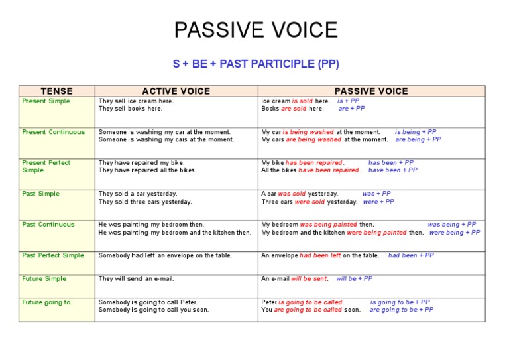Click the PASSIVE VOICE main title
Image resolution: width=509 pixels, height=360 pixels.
(255, 30)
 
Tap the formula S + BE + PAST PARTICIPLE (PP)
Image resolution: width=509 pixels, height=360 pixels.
(255, 64)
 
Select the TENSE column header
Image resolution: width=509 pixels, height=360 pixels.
(57, 91)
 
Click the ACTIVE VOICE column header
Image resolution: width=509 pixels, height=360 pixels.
(176, 91)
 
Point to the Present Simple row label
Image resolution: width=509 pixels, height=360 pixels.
(46, 101)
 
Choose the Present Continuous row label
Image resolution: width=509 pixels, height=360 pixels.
(54, 132)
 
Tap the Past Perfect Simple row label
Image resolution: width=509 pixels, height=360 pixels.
(54, 255)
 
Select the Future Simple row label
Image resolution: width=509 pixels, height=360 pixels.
(44, 279)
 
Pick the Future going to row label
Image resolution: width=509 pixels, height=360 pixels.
(46, 302)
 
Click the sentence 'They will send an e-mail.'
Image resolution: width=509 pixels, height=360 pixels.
(137, 279)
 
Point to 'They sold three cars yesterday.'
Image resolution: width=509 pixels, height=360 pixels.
(145, 202)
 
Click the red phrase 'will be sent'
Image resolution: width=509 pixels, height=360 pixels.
(309, 279)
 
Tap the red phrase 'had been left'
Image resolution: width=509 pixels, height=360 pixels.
(320, 255)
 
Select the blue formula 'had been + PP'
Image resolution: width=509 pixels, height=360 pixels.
(411, 255)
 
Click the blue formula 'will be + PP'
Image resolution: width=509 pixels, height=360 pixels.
(354, 279)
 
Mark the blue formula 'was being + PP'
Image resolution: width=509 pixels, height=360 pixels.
(451, 225)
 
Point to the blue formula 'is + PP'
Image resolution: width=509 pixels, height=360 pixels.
(348, 101)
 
